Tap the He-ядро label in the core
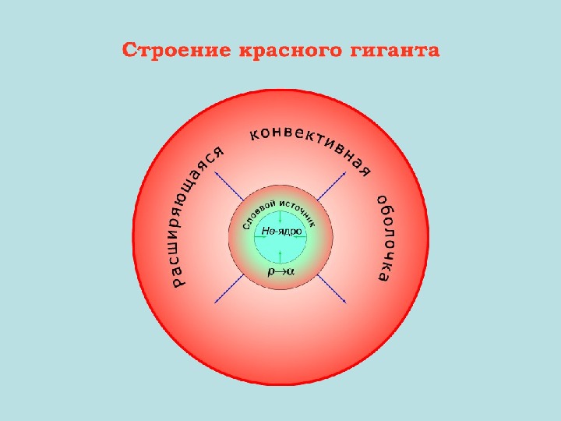pos(280,232)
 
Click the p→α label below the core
pos(280,271)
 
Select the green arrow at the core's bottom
pos(280,254)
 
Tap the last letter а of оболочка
pos(383,276)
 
